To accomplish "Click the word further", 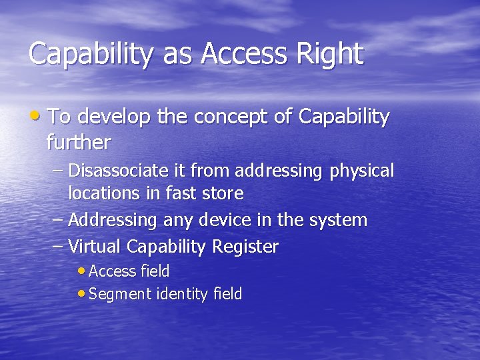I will pos(79,142).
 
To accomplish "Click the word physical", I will pos(362,171).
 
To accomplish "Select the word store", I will pos(223,194).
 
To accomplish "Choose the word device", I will pos(211,220).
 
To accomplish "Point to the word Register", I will pos(245,247).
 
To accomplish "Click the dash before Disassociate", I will pos(58,171).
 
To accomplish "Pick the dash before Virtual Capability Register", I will pos(58,247).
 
